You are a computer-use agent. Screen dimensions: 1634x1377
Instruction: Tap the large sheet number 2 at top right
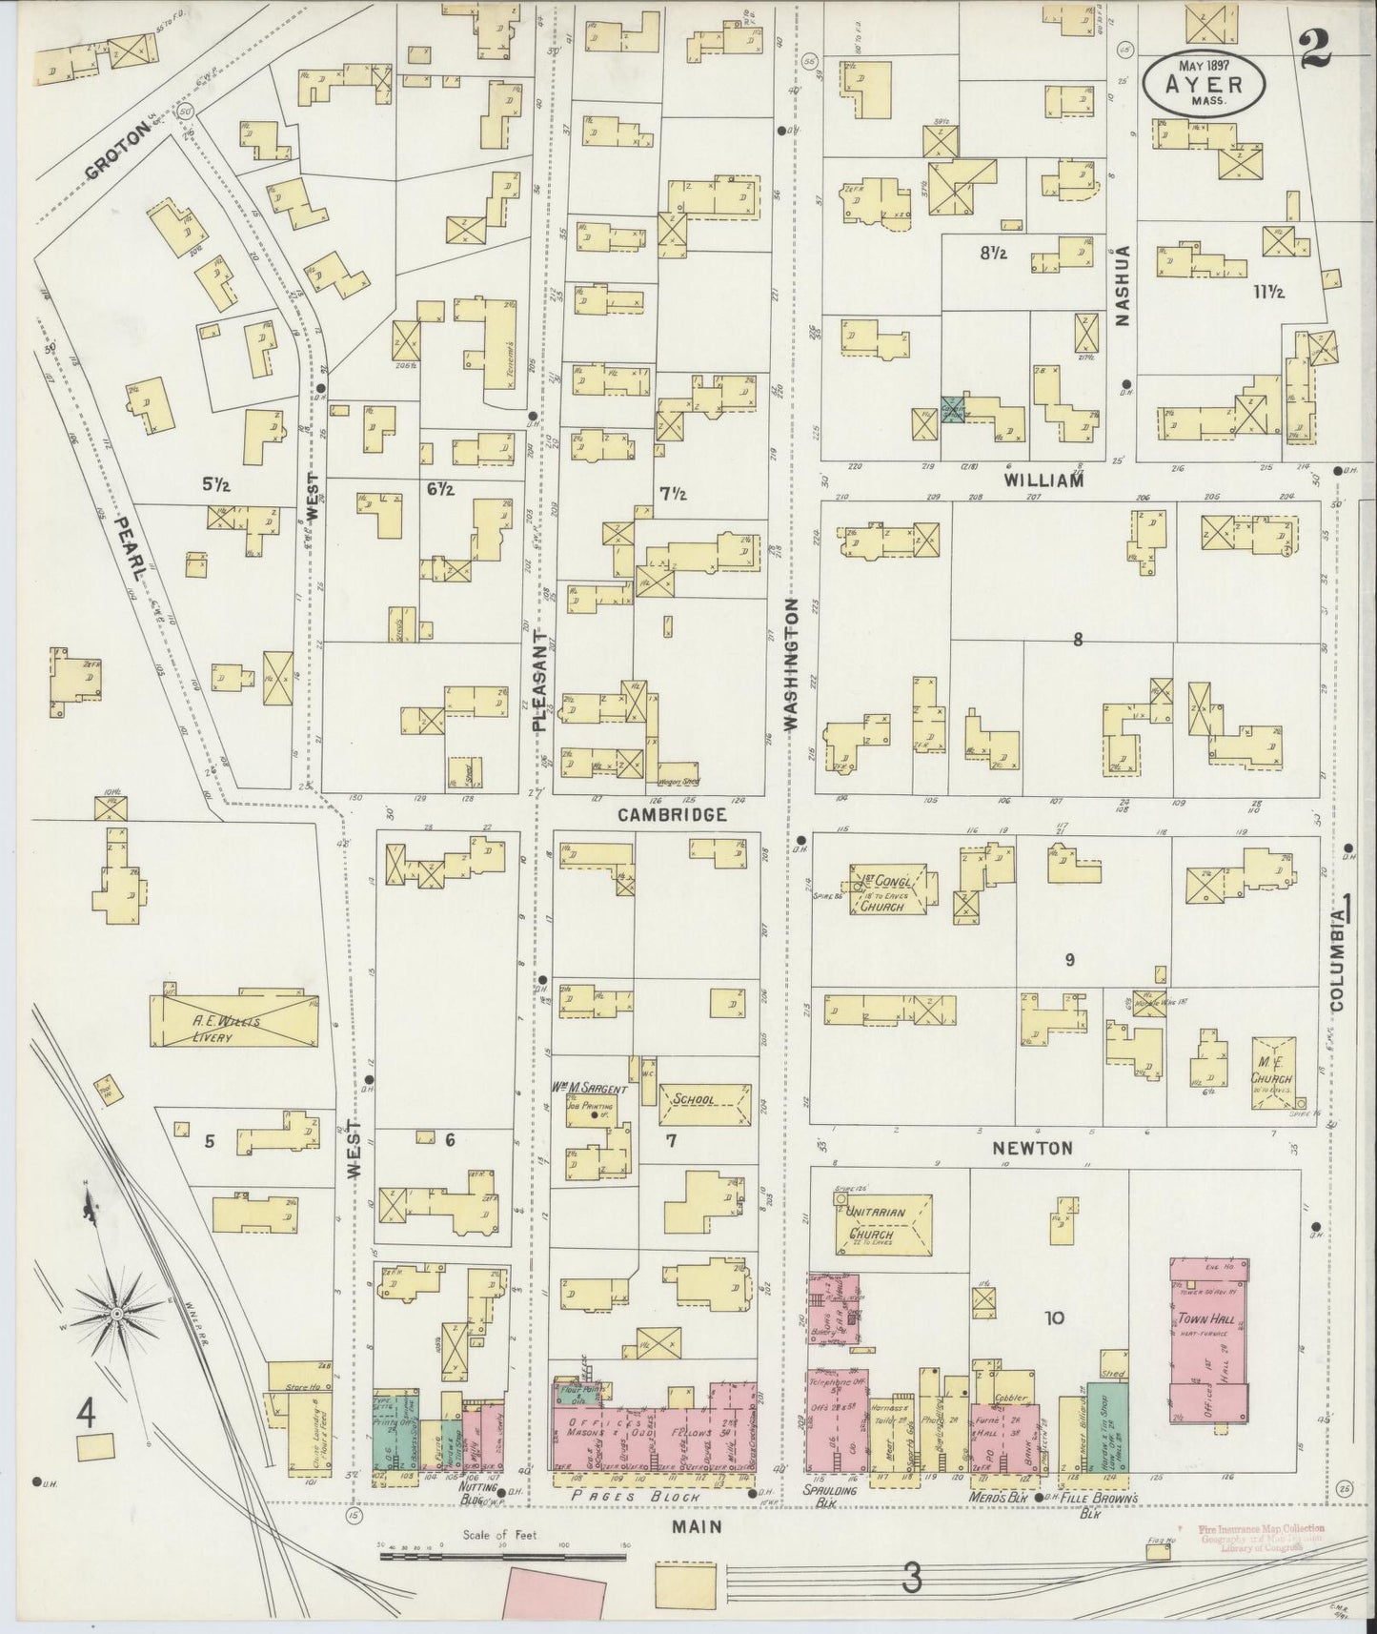click(1316, 46)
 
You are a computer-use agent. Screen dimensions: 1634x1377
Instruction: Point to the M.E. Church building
click(1276, 1072)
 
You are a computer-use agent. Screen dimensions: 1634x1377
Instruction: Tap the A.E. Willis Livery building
click(233, 1022)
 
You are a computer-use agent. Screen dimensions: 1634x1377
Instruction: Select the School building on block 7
click(705, 1099)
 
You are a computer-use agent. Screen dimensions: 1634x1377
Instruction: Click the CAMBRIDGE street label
click(672, 815)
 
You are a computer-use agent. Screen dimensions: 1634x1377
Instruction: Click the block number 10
click(1054, 1319)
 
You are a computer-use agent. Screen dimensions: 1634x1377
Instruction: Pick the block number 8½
click(993, 253)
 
